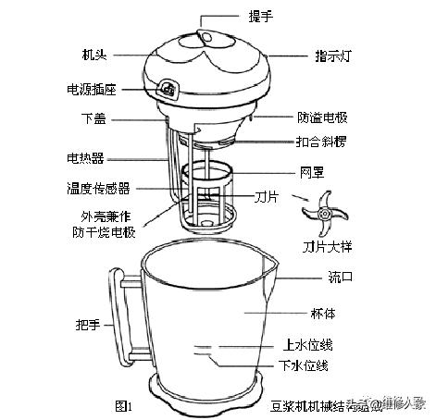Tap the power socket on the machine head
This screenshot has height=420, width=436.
click(168, 89)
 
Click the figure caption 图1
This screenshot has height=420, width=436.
click(123, 405)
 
